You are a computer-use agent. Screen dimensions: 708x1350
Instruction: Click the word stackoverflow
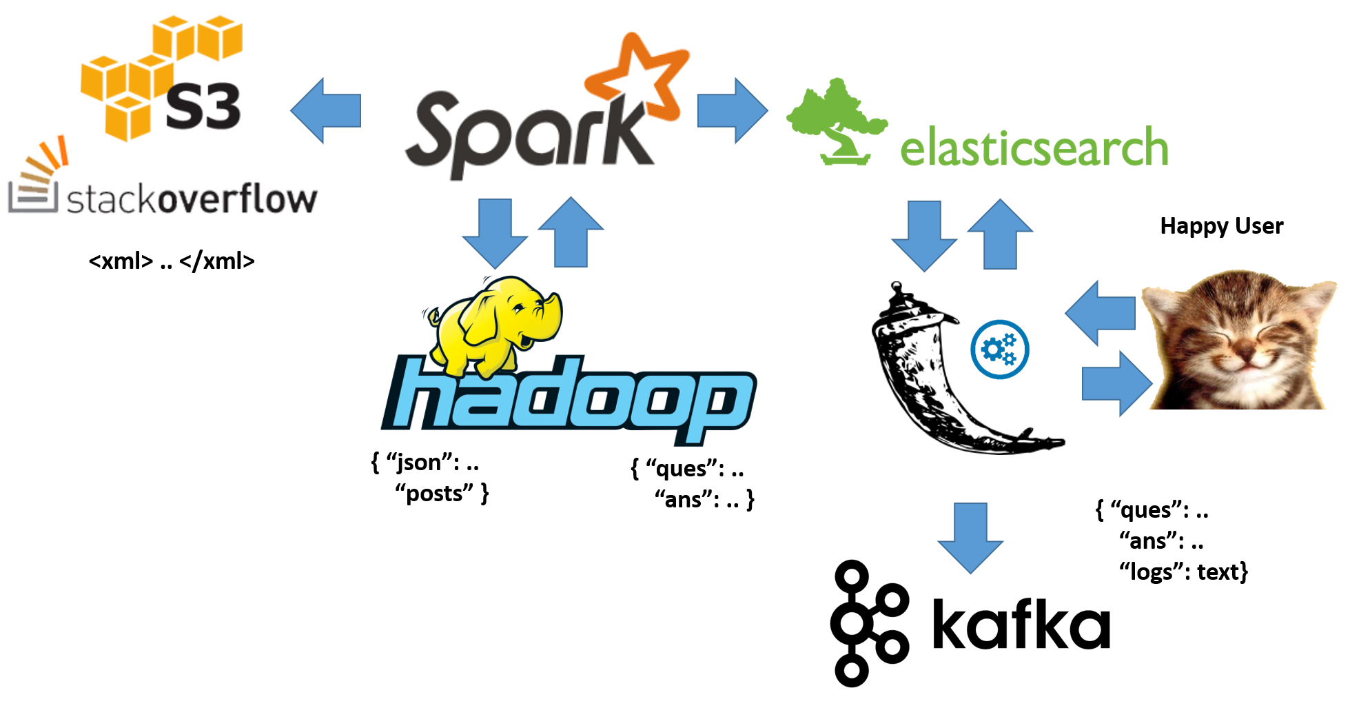pyautogui.click(x=193, y=200)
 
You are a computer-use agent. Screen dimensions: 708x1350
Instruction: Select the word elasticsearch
pyautogui.click(x=1034, y=148)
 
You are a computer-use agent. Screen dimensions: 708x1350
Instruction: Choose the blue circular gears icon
pyautogui.click(x=999, y=350)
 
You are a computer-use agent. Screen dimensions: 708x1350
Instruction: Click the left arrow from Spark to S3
pyautogui.click(x=325, y=110)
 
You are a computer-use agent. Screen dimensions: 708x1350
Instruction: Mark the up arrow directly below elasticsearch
pyautogui.click(x=1000, y=234)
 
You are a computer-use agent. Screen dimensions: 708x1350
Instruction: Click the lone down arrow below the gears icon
pyautogui.click(x=970, y=538)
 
